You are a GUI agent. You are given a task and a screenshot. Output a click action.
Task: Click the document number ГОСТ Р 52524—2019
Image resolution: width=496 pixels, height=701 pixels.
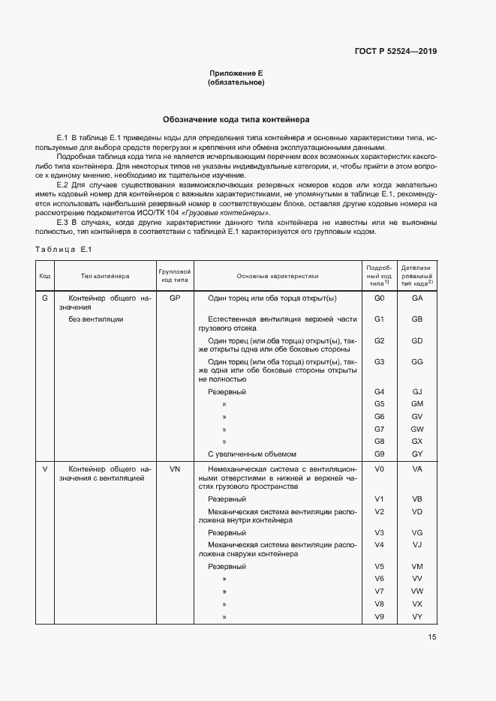(395, 52)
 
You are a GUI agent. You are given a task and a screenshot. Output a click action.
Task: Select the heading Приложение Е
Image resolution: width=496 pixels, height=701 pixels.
(236, 73)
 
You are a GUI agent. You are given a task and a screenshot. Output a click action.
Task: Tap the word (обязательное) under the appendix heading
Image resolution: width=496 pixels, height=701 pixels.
(236, 82)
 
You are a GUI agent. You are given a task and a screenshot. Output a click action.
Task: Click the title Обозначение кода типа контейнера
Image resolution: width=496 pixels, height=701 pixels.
(236, 119)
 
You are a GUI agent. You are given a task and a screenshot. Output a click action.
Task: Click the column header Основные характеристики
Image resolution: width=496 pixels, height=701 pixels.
(278, 276)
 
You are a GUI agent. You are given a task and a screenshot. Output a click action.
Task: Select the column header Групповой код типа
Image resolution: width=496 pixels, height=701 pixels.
(175, 276)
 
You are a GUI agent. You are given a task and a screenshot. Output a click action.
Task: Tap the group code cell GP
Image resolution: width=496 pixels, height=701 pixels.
(175, 298)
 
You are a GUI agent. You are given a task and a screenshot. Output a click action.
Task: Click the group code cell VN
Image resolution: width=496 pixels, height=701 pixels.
(175, 469)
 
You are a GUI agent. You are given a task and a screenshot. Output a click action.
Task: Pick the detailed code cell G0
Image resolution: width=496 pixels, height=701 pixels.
(379, 298)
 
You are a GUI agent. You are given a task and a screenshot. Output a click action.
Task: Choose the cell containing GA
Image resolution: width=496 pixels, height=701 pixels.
(418, 298)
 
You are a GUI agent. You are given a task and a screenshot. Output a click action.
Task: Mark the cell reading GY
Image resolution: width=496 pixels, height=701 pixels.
(418, 454)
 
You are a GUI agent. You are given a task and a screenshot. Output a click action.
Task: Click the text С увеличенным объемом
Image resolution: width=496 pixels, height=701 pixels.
(252, 454)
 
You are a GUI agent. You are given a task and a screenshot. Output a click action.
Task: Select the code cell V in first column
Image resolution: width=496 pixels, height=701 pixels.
(45, 469)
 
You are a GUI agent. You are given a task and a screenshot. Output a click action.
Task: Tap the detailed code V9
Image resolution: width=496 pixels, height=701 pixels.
(379, 616)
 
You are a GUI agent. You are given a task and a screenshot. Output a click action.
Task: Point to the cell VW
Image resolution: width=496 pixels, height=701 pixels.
(418, 592)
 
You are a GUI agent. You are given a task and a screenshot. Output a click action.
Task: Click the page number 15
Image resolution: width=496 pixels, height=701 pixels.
(432, 637)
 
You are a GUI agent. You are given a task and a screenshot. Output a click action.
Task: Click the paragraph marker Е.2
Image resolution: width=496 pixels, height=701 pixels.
(64, 184)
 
